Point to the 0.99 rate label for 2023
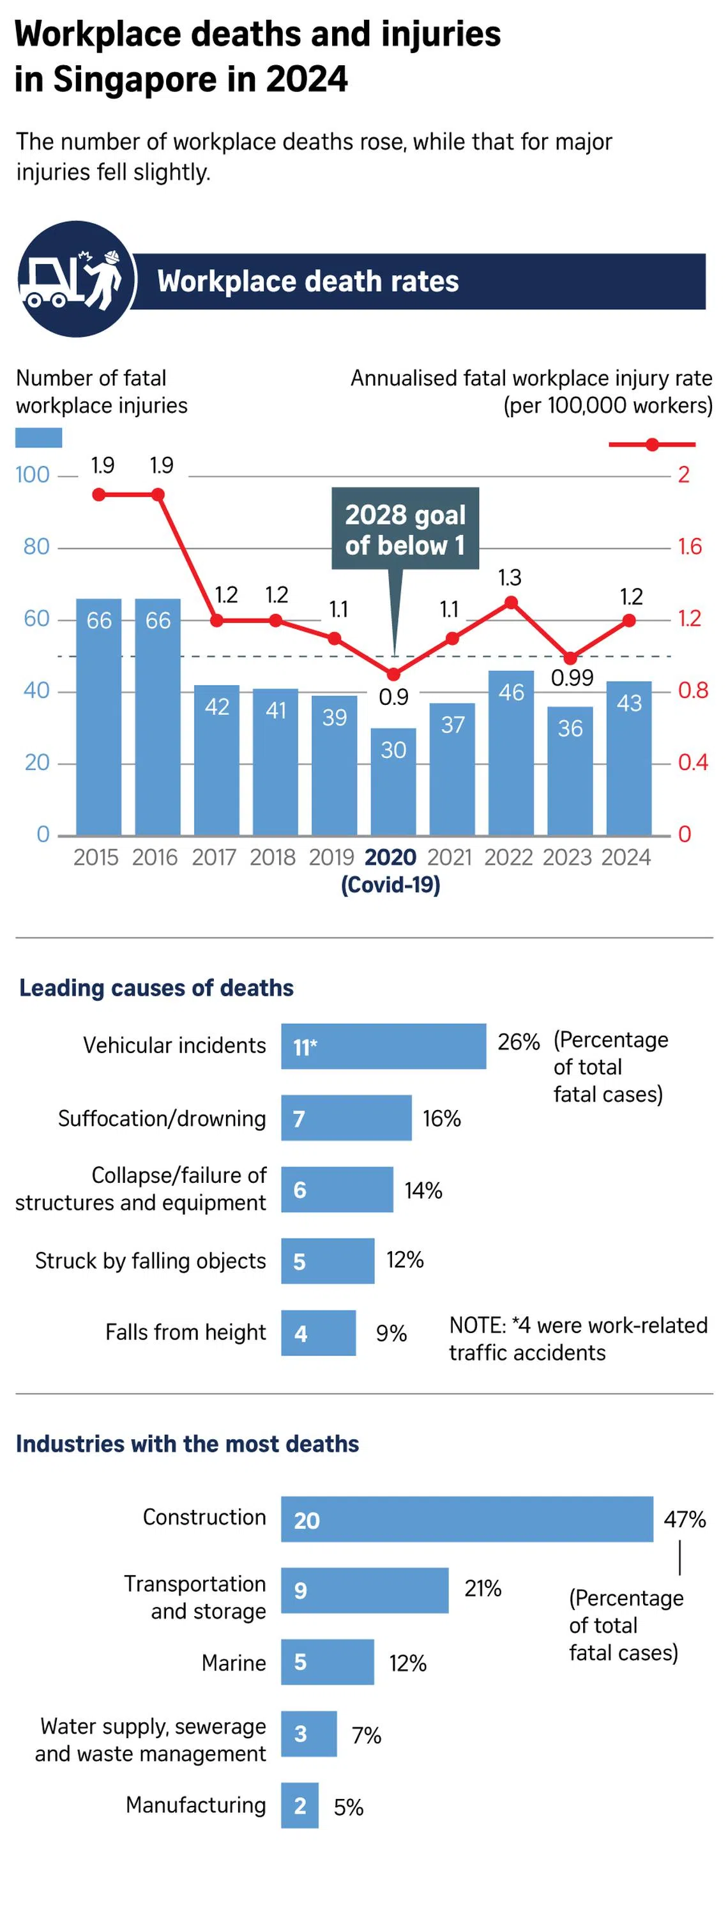coord(572,677)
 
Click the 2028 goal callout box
coord(404,528)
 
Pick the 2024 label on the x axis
coord(626,858)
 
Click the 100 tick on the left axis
coord(33,474)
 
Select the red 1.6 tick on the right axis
coord(688,547)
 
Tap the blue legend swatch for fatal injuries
coord(38,438)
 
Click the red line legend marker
coord(651,445)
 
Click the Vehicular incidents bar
coord(383,1046)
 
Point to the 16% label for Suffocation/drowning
coord(441,1118)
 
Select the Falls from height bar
coord(317,1333)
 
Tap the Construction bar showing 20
coord(466,1520)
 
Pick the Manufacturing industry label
coord(195,1805)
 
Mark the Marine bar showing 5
coord(326,1662)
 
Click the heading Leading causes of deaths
coord(156,988)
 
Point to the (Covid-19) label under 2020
coord(390,884)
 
